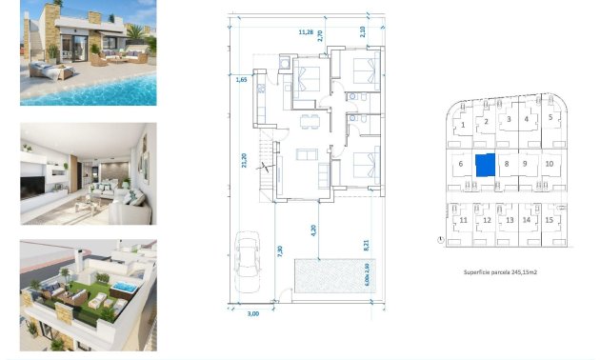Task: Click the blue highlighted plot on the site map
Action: pos(486,164)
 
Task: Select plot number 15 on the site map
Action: pos(550,220)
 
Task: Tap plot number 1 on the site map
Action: pos(463,125)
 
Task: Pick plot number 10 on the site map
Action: pos(550,164)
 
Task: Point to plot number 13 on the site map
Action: pos(509,220)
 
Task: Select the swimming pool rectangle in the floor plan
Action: pos(327,277)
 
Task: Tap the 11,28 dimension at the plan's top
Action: pos(306,32)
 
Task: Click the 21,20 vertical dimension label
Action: pos(245,162)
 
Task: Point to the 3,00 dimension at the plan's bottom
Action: pos(252,313)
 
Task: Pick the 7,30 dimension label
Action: pos(279,251)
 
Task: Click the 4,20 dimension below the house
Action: pos(312,230)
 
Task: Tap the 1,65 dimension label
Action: pos(242,81)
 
